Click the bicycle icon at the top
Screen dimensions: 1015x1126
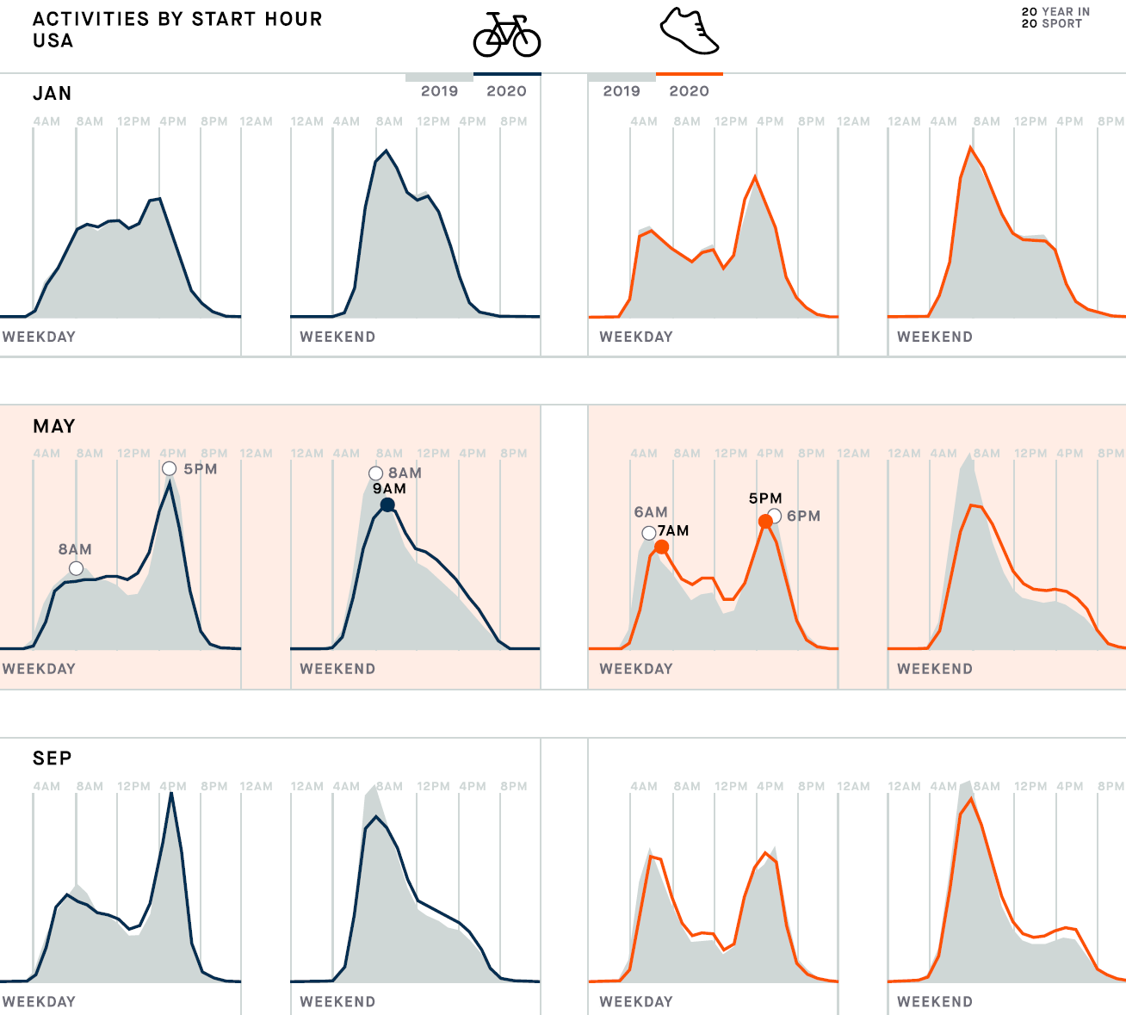(x=507, y=34)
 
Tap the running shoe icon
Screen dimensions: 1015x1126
(x=689, y=32)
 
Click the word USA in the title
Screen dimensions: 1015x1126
(x=53, y=40)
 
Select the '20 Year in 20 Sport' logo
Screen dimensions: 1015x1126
(x=1055, y=17)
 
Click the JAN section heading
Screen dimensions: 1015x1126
(x=52, y=93)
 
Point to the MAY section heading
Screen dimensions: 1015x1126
(x=53, y=426)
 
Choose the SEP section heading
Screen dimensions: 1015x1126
(x=52, y=758)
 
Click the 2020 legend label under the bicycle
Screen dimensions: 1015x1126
(x=506, y=91)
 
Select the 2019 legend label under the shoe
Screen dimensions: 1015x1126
(x=622, y=91)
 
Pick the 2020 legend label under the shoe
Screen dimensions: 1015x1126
(x=689, y=91)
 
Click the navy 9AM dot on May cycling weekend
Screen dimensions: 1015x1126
(x=387, y=505)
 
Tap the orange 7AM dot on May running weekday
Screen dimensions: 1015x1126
(x=661, y=548)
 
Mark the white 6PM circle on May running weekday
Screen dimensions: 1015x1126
(x=775, y=516)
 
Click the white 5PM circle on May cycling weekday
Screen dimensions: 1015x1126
(x=170, y=468)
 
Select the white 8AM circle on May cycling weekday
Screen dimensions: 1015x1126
(x=76, y=568)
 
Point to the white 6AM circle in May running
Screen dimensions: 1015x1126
(x=649, y=533)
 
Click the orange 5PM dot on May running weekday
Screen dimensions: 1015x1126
(x=765, y=522)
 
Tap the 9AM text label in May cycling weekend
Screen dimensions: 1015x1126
(x=389, y=489)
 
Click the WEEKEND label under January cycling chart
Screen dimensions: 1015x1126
(x=337, y=337)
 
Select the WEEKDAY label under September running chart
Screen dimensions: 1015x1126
(x=636, y=1001)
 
